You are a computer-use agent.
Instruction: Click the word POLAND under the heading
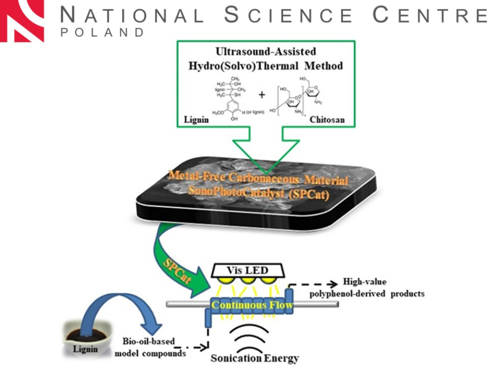pyautogui.click(x=102, y=33)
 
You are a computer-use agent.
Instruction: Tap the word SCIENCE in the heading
pyautogui.click(x=288, y=16)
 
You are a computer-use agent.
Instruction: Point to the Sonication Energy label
pyautogui.click(x=255, y=358)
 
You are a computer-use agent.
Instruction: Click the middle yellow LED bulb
pyautogui.click(x=248, y=281)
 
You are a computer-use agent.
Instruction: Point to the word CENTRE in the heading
pyautogui.click(x=430, y=16)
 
